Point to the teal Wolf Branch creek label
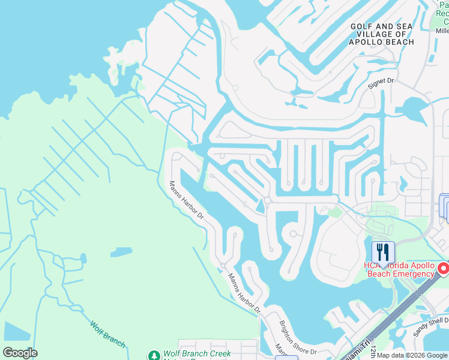[x=108, y=334]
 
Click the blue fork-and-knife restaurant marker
[x=383, y=251]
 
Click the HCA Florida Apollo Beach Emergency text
[x=399, y=270]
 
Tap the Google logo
[x=20, y=353]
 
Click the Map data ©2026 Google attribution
[x=412, y=355]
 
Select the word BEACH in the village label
[x=399, y=42]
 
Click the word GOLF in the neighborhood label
[x=361, y=26]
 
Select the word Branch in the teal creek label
[x=115, y=338]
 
